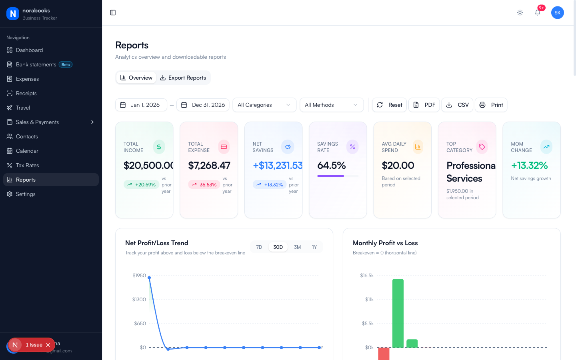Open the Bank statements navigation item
coord(36,64)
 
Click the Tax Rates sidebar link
coord(27,165)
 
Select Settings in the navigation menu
coord(26,194)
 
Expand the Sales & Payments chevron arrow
coord(92,122)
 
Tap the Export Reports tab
coord(183,78)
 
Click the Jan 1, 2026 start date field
coord(141,105)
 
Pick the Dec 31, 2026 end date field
coord(203,105)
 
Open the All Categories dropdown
coord(264,105)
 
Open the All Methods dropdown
coord(332,105)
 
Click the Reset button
coord(390,105)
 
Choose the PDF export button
coord(424,105)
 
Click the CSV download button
coord(457,105)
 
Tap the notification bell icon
coord(538,12)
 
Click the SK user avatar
coord(558,12)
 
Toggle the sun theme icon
coord(520,12)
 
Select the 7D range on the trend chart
coord(259,247)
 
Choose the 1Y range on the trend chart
coord(314,247)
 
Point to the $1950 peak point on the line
coord(150,277)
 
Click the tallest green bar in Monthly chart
coord(398,313)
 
